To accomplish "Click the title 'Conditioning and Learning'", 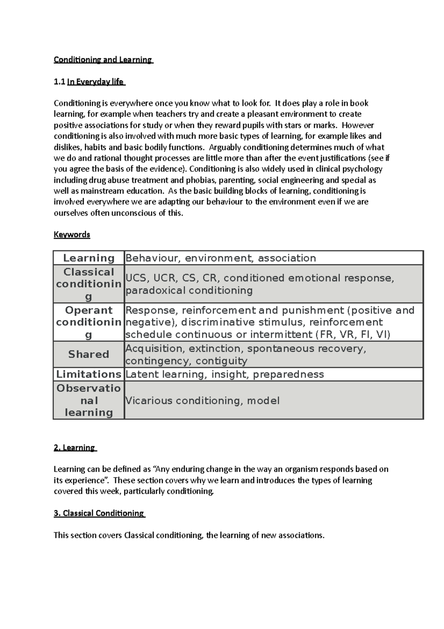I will tap(103, 60).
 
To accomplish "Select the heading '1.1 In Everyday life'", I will tap(89, 82).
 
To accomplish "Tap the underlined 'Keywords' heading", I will tap(72, 234).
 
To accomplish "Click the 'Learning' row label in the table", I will tap(89, 258).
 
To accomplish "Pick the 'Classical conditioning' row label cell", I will tap(89, 284).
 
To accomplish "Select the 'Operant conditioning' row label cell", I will tap(89, 322).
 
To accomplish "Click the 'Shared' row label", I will tap(89, 355).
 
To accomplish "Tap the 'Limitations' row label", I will tap(89, 375).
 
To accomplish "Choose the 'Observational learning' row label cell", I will tap(89, 400).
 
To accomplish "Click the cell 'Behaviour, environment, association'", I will tap(221, 258).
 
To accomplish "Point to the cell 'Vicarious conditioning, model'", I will tap(202, 401).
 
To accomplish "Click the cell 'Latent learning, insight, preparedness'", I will tap(225, 375).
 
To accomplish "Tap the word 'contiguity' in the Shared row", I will tap(221, 361).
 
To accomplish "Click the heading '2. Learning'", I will tap(75, 448).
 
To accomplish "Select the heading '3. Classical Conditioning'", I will tap(99, 513).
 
